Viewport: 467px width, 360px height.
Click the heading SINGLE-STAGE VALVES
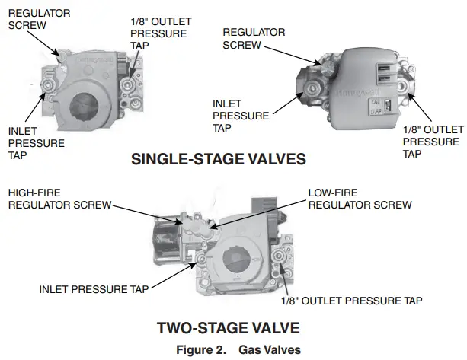point(219,160)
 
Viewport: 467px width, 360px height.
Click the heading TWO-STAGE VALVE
point(228,328)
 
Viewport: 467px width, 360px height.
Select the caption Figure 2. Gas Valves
point(233,349)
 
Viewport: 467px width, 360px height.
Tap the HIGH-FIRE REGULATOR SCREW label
point(58,199)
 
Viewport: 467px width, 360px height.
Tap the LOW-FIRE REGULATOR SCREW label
point(359,199)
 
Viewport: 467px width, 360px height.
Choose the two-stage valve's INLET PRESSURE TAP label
point(94,289)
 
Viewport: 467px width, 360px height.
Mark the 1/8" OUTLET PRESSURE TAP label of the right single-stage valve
point(430,142)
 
